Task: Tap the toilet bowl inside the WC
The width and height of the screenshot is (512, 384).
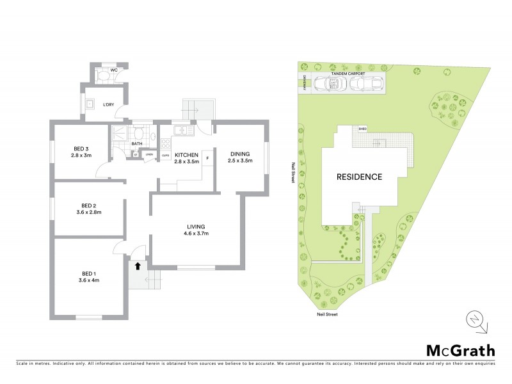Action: tap(104, 76)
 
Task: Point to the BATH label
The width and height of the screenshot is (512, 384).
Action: tap(136, 143)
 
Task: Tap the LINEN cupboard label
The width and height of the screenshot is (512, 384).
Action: tap(149, 155)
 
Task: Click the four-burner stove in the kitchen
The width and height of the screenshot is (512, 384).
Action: tap(164, 132)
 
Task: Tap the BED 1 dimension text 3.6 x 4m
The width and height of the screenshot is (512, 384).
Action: tap(88, 280)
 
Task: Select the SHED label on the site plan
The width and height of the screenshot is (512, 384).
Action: tap(362, 128)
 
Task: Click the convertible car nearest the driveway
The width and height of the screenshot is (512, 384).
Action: tap(335, 84)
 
